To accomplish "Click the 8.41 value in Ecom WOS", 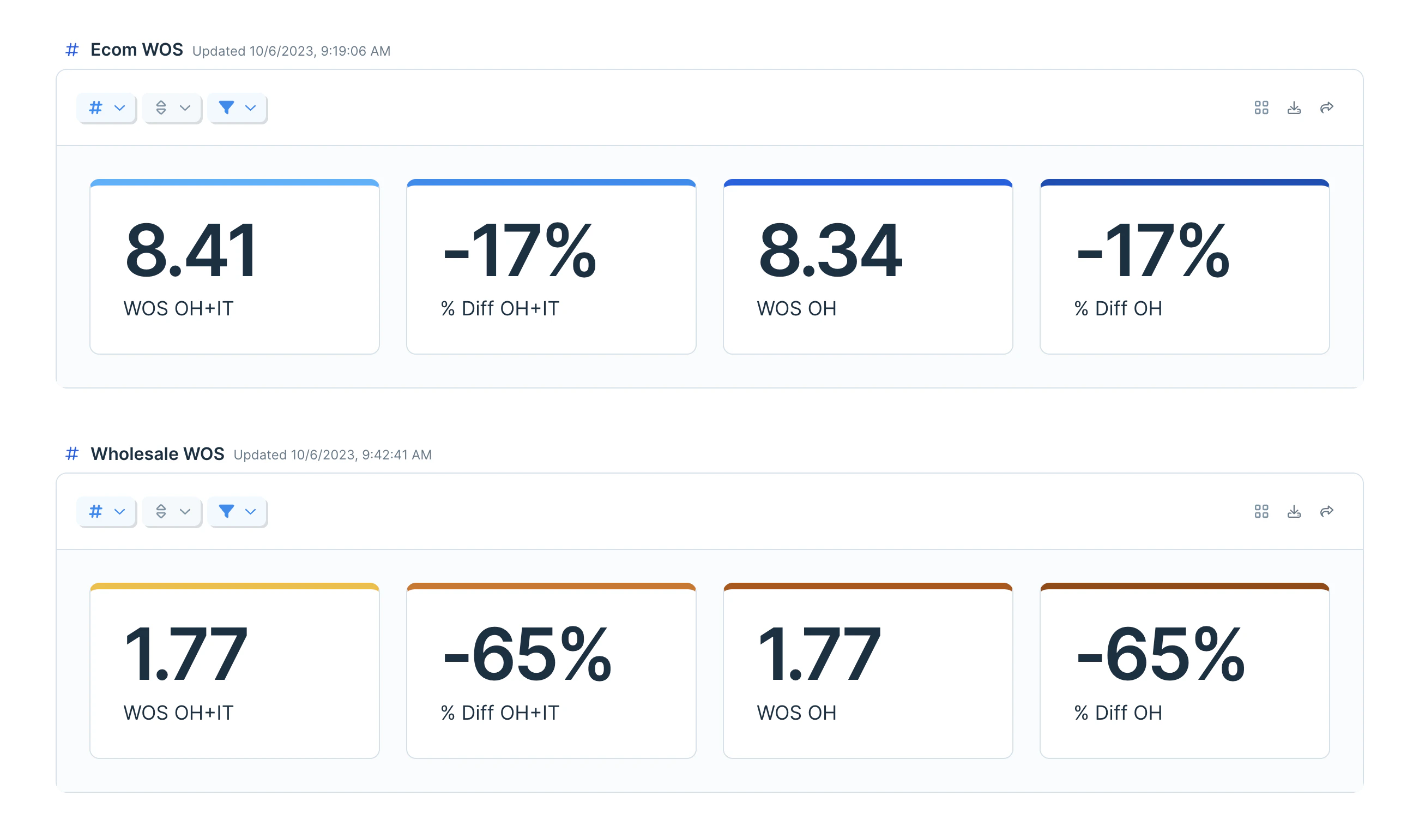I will click(191, 250).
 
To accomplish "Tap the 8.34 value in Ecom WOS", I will click(830, 250).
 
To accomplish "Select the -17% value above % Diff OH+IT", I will click(519, 250).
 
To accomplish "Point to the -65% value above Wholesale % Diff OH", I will click(1161, 655).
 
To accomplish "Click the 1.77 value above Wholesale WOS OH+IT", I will click(185, 655).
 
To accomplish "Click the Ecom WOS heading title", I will click(137, 50).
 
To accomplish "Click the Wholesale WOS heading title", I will click(157, 454).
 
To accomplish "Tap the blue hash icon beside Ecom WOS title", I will click(72, 50).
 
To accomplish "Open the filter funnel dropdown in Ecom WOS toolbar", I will click(238, 107).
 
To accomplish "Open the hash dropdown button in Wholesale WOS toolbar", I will click(106, 512).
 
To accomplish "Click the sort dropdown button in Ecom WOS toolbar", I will click(172, 107).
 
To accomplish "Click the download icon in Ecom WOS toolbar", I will click(1294, 107).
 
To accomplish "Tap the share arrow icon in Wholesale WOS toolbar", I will click(1327, 512).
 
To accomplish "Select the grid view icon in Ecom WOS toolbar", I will click(1261, 107).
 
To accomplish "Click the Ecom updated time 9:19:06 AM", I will click(355, 51).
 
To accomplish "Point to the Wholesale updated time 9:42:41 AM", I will click(396, 455).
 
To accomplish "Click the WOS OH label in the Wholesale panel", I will click(796, 713).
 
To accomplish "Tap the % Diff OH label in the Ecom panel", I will click(1118, 308).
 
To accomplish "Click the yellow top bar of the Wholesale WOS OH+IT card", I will click(234, 587).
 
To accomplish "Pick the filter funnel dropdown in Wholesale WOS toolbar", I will click(238, 512).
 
